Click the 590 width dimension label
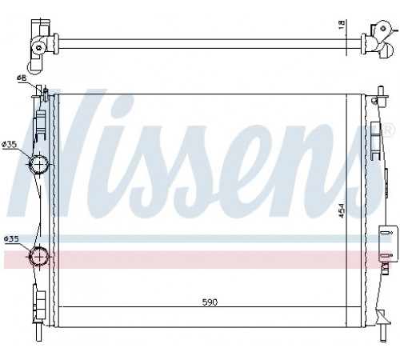210,302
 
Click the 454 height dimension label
342,210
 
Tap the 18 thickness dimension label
342,24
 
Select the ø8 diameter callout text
22,78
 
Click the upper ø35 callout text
10,145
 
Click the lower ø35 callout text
11,238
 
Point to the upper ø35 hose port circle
38,164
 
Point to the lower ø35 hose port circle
39,256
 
